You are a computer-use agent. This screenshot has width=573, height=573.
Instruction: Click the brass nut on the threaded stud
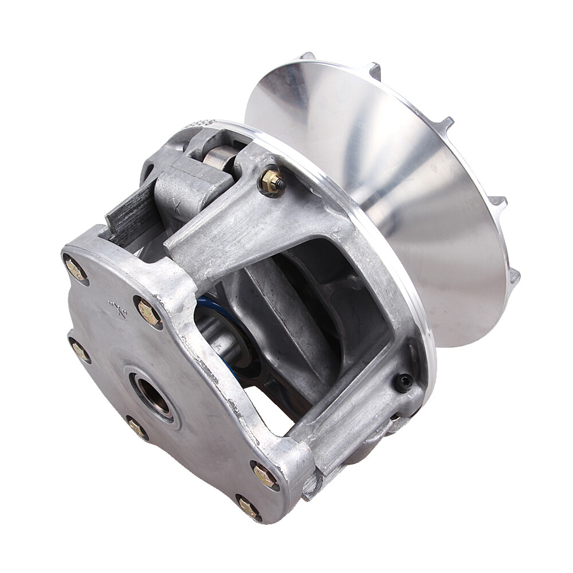[270, 182]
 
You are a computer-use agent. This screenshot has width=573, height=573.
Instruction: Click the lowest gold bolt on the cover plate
[248, 507]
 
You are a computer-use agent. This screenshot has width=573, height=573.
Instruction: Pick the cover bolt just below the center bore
[137, 427]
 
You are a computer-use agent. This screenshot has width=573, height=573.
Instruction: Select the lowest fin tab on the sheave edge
[514, 276]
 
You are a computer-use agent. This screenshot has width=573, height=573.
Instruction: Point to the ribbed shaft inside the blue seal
[218, 338]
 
